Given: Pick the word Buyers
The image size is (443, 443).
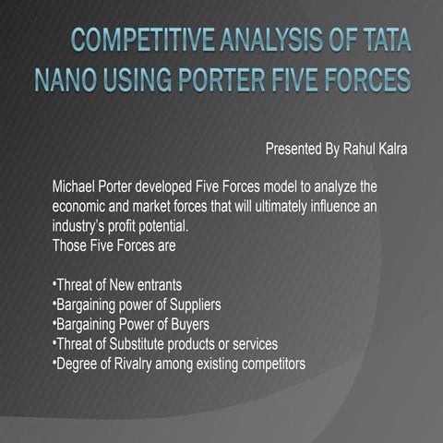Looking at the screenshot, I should click(x=186, y=323).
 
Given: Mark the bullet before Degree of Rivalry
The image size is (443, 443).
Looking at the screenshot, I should click(x=53, y=360).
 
